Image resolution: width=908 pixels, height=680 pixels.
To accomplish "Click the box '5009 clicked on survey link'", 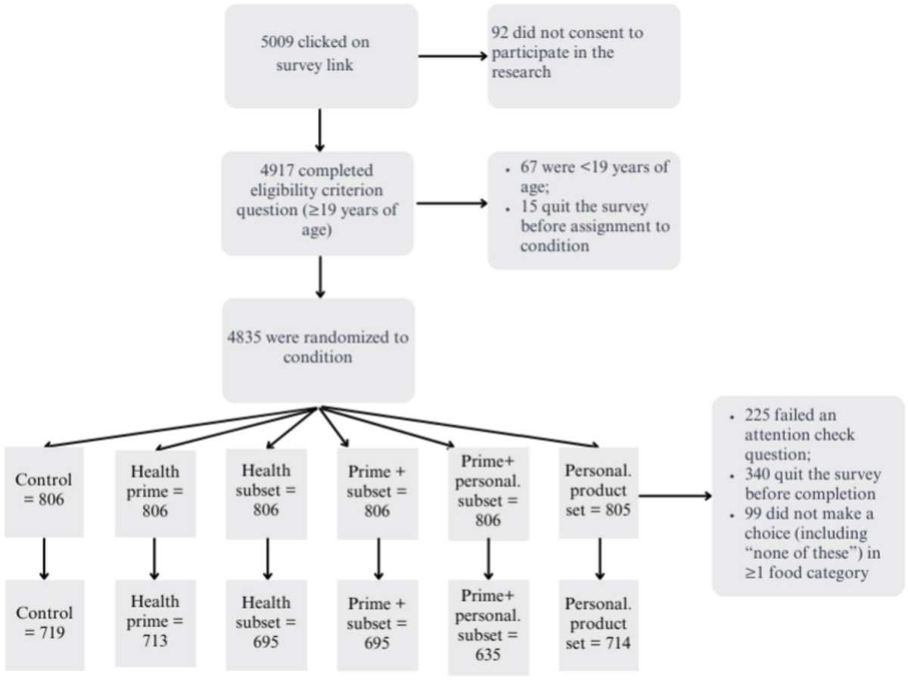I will [x=321, y=56].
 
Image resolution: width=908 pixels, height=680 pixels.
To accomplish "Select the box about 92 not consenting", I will [x=583, y=56].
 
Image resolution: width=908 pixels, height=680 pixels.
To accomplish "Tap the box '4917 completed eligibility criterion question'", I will [x=318, y=203].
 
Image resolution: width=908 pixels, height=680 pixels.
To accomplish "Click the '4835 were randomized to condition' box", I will [x=318, y=348].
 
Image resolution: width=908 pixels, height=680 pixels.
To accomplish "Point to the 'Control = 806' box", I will [x=44, y=491].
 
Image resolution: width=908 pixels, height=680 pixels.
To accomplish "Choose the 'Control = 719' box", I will [x=44, y=623].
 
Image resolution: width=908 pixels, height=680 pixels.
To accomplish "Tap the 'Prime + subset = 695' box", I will [x=377, y=623].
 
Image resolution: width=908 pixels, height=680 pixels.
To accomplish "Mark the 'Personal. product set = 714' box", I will [x=599, y=623].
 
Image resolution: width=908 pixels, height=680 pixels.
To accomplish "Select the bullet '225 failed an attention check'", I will [x=802, y=435].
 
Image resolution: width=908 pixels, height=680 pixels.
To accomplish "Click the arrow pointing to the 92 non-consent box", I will [x=452, y=57].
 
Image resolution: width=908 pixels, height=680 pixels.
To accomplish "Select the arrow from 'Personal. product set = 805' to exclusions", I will [x=675, y=496].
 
